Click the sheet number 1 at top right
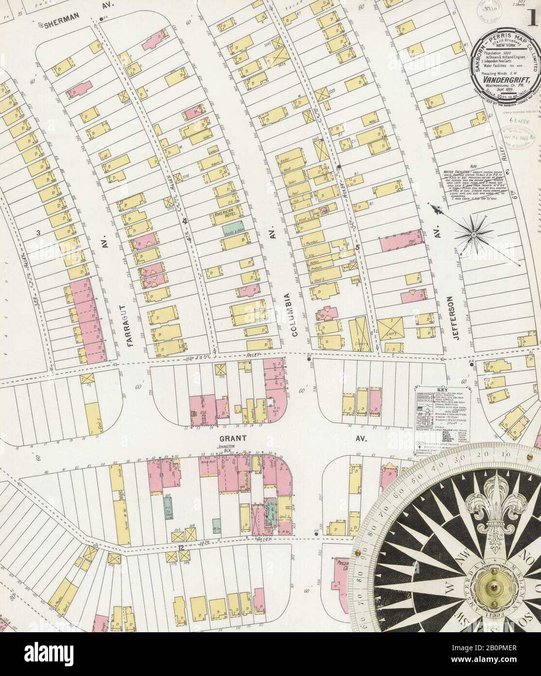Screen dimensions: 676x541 (x=533, y=20)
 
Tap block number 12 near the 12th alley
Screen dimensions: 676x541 (x=181, y=547)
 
